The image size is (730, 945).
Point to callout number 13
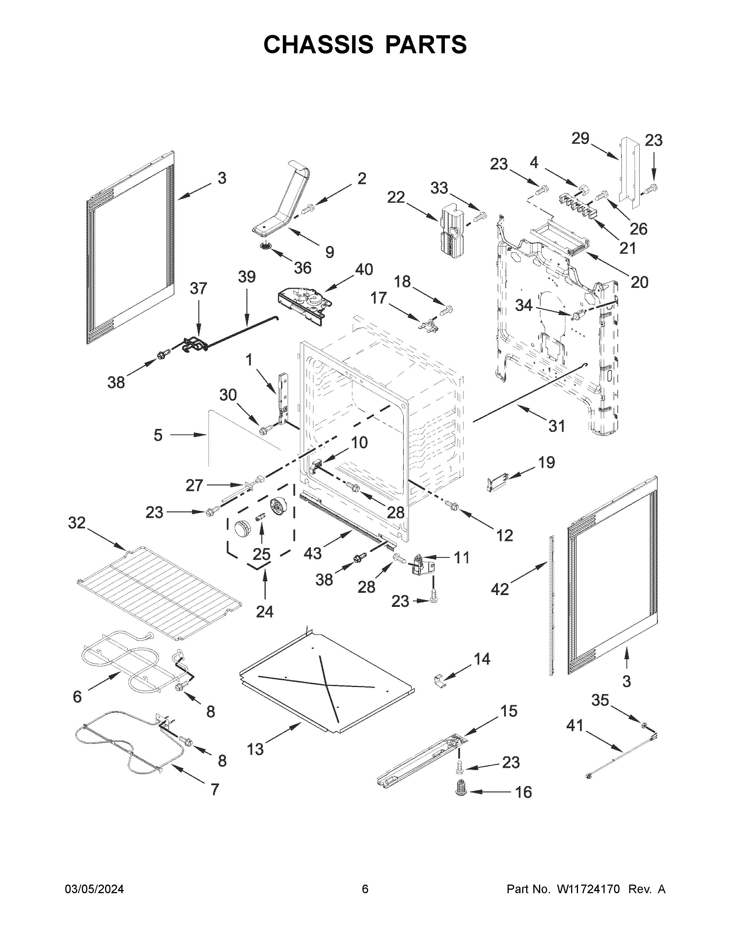pos(255,749)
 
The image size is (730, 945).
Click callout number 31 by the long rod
pos(557,426)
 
